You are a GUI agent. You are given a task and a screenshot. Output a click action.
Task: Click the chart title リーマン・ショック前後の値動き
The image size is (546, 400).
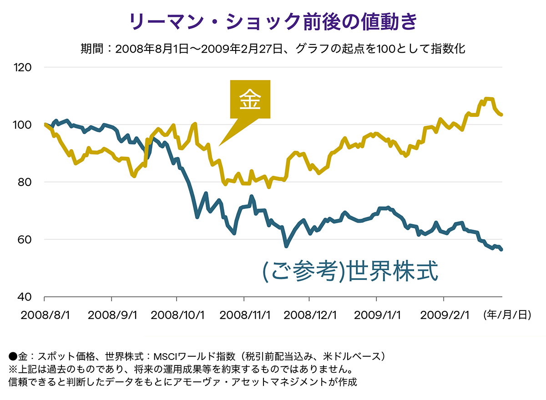[273, 22]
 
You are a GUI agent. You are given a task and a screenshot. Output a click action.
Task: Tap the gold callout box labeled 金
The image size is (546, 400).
[250, 100]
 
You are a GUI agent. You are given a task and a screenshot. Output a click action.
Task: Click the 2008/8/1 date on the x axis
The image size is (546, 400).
[44, 315]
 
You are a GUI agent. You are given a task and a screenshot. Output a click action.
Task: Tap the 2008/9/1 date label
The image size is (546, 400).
[112, 315]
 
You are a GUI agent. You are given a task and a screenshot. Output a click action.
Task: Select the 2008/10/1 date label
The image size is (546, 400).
[177, 315]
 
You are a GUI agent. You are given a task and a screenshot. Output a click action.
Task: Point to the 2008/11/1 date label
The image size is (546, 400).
[244, 315]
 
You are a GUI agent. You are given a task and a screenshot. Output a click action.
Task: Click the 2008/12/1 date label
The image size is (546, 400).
[309, 315]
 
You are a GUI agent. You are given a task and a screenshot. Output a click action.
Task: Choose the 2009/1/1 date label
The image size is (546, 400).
[377, 315]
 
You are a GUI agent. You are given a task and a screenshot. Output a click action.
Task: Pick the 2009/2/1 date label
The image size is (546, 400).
[444, 315]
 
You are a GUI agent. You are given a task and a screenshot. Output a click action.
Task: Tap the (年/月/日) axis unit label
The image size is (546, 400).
[507, 315]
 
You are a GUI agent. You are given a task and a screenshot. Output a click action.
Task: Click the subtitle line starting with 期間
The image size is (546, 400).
[273, 48]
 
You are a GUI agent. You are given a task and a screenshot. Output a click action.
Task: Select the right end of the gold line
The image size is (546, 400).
[501, 115]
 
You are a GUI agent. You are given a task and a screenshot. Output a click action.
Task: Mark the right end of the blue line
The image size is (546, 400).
[501, 249]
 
